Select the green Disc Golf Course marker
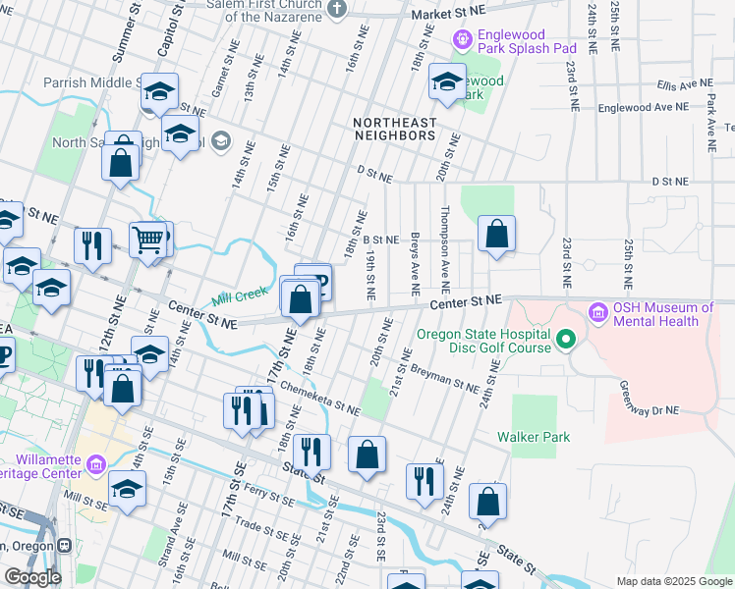coord(565,341)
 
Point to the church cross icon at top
coord(337,10)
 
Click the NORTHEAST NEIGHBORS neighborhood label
coord(393,129)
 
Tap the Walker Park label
coord(534,437)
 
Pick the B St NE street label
coord(381,240)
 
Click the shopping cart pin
coord(147,238)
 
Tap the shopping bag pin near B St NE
coord(497,234)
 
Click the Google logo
coord(31,577)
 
